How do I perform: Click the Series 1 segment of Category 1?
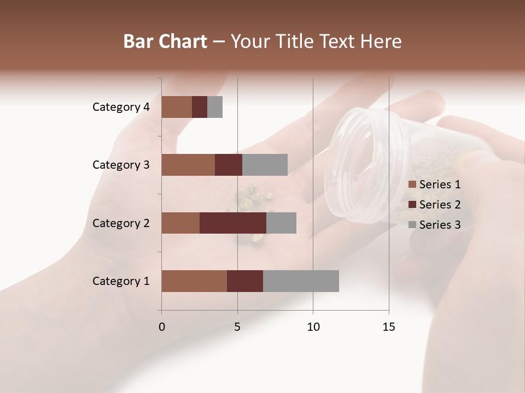(194, 281)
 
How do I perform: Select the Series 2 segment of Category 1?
(245, 281)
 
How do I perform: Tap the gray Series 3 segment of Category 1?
(301, 281)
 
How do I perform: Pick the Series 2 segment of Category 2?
(233, 223)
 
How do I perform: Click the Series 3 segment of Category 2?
(281, 223)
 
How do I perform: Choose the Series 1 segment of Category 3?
(188, 165)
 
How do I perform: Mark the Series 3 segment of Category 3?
(265, 165)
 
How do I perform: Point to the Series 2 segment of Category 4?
(200, 107)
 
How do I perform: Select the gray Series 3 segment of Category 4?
(215, 107)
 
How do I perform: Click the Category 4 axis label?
(121, 107)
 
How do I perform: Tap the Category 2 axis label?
(121, 223)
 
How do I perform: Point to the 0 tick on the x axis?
(162, 327)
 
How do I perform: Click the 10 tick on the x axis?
(313, 327)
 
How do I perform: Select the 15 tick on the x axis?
(388, 327)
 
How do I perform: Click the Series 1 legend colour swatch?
(412, 184)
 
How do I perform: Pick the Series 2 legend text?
(440, 205)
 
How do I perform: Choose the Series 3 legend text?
(440, 225)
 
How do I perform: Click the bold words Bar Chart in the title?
(165, 41)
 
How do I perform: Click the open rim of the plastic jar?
(351, 164)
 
